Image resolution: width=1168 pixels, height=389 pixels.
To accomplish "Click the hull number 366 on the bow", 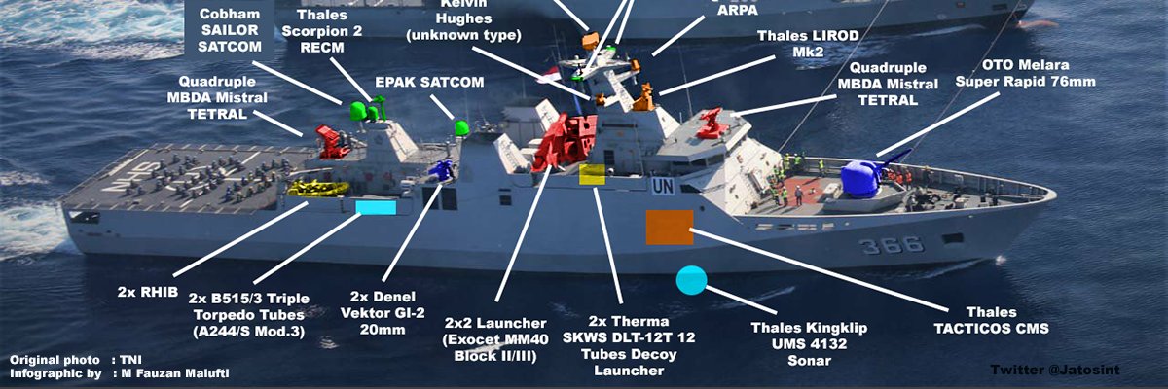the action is (x=892, y=245).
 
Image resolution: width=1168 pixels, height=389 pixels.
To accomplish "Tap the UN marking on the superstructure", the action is (x=662, y=186).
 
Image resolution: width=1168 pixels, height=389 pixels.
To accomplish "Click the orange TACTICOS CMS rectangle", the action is (x=670, y=227).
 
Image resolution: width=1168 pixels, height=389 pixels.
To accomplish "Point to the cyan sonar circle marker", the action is (x=691, y=280).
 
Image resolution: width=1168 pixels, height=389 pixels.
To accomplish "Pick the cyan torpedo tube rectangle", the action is (x=376, y=207).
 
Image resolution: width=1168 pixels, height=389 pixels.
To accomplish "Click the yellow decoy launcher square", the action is (x=593, y=174).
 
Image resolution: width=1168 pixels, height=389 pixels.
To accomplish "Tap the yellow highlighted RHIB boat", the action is (x=318, y=188).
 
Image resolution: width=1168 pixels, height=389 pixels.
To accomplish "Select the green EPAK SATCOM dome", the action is (x=461, y=128).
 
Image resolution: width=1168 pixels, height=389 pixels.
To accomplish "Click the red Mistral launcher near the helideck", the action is (x=332, y=142).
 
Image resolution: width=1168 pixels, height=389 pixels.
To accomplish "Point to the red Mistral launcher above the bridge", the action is (x=711, y=124).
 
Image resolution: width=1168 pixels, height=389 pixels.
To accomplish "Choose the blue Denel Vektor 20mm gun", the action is (x=441, y=170).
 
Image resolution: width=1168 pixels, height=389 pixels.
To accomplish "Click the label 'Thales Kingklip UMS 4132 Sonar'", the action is (x=809, y=343).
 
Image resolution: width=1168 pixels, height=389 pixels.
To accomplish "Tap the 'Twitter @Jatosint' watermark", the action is (x=1055, y=370).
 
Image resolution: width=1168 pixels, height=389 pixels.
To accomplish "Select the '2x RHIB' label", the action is (x=148, y=292).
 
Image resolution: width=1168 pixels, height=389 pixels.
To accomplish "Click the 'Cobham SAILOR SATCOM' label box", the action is (x=230, y=29).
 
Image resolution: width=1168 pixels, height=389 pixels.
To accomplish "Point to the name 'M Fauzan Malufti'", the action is (x=174, y=373).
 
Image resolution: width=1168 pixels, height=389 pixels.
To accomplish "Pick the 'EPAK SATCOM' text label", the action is (x=429, y=82).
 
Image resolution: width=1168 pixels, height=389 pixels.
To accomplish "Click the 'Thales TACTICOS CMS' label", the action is (x=991, y=320).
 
